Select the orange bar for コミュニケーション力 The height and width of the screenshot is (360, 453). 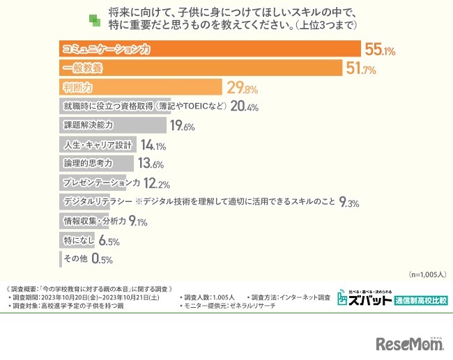[209, 49]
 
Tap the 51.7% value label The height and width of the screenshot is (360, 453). [361, 69]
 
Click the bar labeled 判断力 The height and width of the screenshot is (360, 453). [140, 88]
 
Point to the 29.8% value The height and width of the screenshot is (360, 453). [242, 88]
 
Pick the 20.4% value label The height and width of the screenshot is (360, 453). [244, 107]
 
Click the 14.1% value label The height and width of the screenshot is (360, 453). [152, 146]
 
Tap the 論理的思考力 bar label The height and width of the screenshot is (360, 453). [88, 164]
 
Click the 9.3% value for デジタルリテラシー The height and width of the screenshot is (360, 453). [349, 203]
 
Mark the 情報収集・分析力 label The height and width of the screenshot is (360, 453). [95, 222]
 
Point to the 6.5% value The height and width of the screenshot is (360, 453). [109, 241]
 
